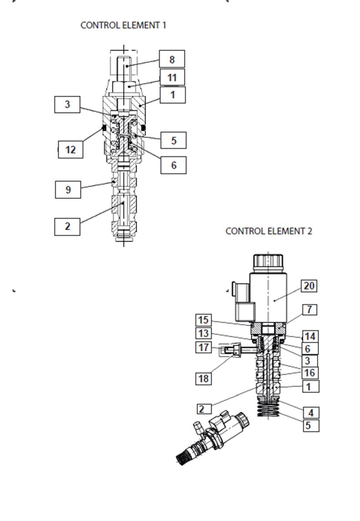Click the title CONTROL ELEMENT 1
(x=123, y=25)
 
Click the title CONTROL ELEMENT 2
(x=269, y=231)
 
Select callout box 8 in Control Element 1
(x=172, y=59)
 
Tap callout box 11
(x=172, y=77)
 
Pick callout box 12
(x=70, y=149)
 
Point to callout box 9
(x=68, y=189)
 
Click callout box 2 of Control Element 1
(x=67, y=227)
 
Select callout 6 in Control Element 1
(x=173, y=165)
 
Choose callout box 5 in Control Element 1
(x=173, y=140)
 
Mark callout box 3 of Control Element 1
(x=67, y=104)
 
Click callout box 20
(x=309, y=286)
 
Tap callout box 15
(x=203, y=320)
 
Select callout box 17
(x=203, y=347)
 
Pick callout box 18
(x=203, y=378)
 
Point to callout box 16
(x=310, y=372)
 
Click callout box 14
(x=310, y=336)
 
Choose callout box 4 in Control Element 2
(x=311, y=413)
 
